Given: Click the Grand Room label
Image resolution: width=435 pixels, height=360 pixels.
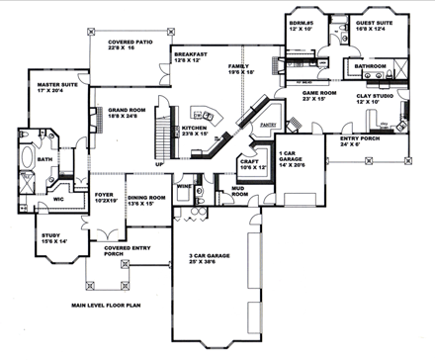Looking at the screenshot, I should pos(121,111).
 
